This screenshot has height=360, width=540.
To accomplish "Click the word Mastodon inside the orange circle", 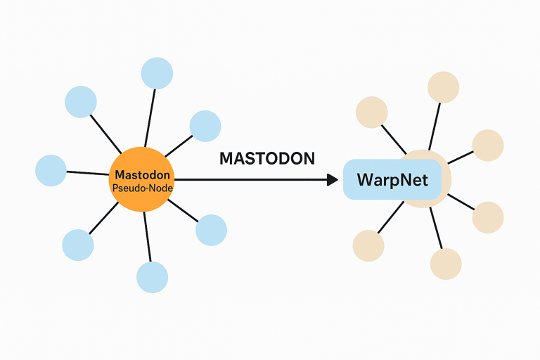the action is tap(142, 174).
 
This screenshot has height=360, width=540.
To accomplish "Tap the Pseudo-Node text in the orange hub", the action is tap(143, 188).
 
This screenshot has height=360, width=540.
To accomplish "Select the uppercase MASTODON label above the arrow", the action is tap(267, 158).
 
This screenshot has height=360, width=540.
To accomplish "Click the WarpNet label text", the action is tap(392, 180).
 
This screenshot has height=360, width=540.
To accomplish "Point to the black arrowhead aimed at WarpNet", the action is tap(333, 179).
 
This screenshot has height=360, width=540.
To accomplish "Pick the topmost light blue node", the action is tap(157, 73).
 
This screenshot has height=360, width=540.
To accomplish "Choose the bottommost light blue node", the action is tap(152, 277).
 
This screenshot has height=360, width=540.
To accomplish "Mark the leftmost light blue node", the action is tap(51, 171).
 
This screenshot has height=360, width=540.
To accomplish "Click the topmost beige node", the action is tap(443, 87).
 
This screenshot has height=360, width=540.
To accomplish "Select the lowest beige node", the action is tap(446, 264).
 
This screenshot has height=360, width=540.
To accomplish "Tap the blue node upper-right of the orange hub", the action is tap(205, 126).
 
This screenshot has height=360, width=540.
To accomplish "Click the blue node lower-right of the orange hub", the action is tap(211, 230).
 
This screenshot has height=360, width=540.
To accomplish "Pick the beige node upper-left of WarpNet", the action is tap(371, 112).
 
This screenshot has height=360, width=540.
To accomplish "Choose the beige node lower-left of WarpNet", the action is tap(368, 245).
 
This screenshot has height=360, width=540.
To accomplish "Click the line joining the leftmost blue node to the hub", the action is tap(88, 173).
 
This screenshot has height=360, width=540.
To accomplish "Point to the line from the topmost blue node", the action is tap(150, 118).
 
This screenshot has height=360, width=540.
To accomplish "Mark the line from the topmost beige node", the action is tap(435, 127).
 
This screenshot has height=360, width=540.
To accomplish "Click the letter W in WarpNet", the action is tap(365, 180).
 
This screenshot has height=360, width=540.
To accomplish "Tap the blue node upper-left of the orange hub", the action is tap(81, 102).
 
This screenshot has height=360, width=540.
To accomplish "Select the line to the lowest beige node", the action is tap(436, 228).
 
